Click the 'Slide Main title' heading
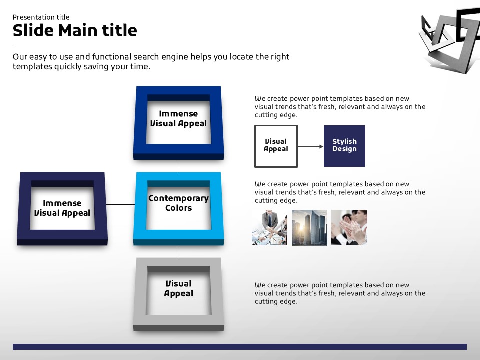click(x=75, y=30)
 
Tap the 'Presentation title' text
click(x=41, y=17)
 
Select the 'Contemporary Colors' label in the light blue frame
click(x=179, y=203)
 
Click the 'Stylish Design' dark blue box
click(x=344, y=146)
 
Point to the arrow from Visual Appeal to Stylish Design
click(x=310, y=146)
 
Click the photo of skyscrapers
click(x=309, y=228)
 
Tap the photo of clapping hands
click(x=349, y=228)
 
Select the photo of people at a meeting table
click(x=269, y=228)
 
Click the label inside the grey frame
click(x=179, y=288)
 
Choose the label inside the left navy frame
click(x=62, y=208)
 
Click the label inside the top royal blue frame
click(x=179, y=119)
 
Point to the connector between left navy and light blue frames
click(x=120, y=204)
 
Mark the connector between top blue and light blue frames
click(x=179, y=166)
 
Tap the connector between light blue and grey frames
click(x=179, y=251)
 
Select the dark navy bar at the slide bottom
click(x=240, y=347)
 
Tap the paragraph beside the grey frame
click(x=340, y=293)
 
